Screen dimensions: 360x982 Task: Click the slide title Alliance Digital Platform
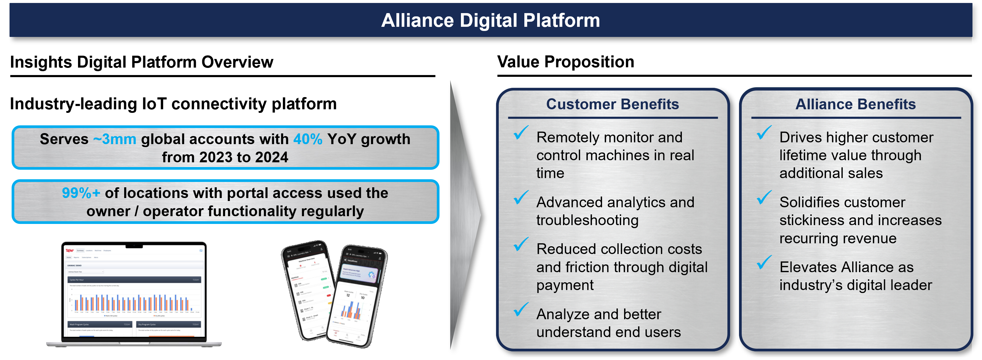click(x=491, y=20)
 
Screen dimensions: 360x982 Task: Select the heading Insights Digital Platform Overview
click(x=141, y=62)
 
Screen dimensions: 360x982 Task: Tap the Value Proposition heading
click(x=565, y=62)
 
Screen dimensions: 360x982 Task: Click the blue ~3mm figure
click(x=115, y=139)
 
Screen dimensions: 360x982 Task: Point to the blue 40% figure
click(x=308, y=139)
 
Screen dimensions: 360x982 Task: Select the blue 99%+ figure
click(x=81, y=193)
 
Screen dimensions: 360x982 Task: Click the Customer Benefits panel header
click(x=612, y=104)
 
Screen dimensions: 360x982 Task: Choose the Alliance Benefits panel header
click(x=855, y=104)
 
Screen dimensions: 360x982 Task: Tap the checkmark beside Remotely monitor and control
click(x=520, y=133)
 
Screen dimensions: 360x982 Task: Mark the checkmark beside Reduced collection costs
click(x=520, y=244)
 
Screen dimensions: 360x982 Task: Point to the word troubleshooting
click(x=587, y=220)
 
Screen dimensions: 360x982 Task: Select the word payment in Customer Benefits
click(x=565, y=285)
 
